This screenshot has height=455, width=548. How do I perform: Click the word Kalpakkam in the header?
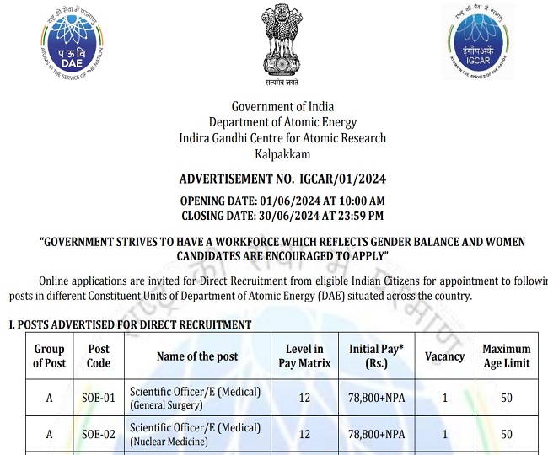[282, 154]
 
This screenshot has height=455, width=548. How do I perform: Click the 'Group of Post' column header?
[49, 356]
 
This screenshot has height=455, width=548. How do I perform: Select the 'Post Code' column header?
[99, 356]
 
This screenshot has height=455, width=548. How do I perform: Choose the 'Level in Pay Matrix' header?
[304, 356]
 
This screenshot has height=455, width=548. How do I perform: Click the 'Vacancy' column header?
[444, 356]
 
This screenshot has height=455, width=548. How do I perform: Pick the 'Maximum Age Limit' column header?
[506, 356]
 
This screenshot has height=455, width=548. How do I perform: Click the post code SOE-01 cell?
[99, 398]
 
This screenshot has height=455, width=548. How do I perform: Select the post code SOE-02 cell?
[99, 435]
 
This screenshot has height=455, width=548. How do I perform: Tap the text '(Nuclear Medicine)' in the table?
[169, 442]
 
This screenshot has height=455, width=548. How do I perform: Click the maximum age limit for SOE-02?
[506, 435]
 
